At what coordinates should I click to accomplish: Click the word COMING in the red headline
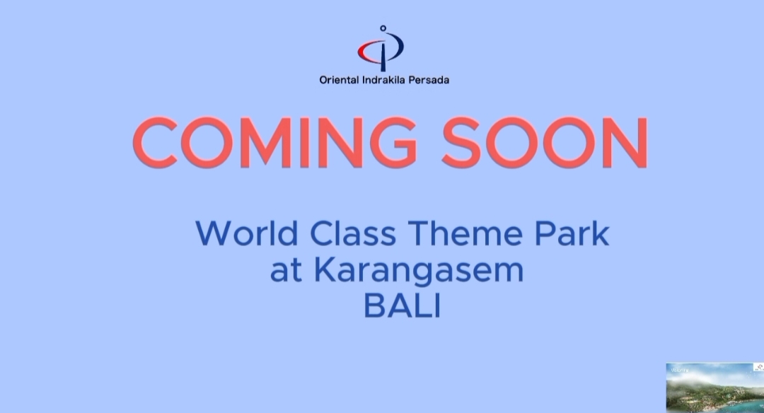(274, 143)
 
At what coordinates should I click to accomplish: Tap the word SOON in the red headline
(545, 143)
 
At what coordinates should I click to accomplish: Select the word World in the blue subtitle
(247, 233)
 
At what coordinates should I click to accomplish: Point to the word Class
(353, 233)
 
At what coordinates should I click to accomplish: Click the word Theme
(465, 233)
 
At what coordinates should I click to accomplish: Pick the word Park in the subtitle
(572, 233)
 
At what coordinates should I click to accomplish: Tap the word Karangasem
(419, 272)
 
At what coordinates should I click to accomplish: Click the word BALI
(403, 306)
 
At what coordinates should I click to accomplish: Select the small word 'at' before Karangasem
(286, 272)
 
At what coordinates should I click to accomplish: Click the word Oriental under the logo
(339, 80)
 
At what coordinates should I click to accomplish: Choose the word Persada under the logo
(429, 80)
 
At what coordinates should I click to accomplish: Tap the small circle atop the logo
(383, 28)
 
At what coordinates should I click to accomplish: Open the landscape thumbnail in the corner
(714, 388)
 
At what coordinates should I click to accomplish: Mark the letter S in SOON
(462, 143)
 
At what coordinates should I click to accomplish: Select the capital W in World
(214, 233)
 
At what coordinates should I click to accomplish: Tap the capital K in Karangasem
(324, 270)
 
